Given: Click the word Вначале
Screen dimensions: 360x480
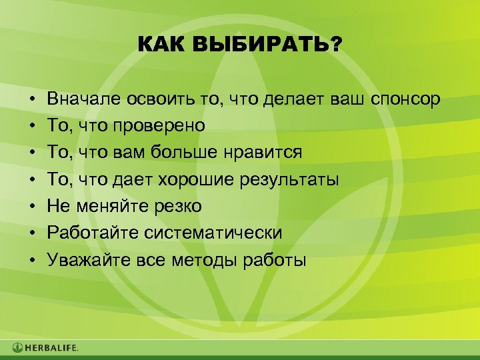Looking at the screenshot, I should (84, 100).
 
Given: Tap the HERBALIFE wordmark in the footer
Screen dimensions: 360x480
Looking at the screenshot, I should (52, 347).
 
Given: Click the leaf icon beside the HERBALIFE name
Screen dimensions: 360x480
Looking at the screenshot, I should (17, 347).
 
